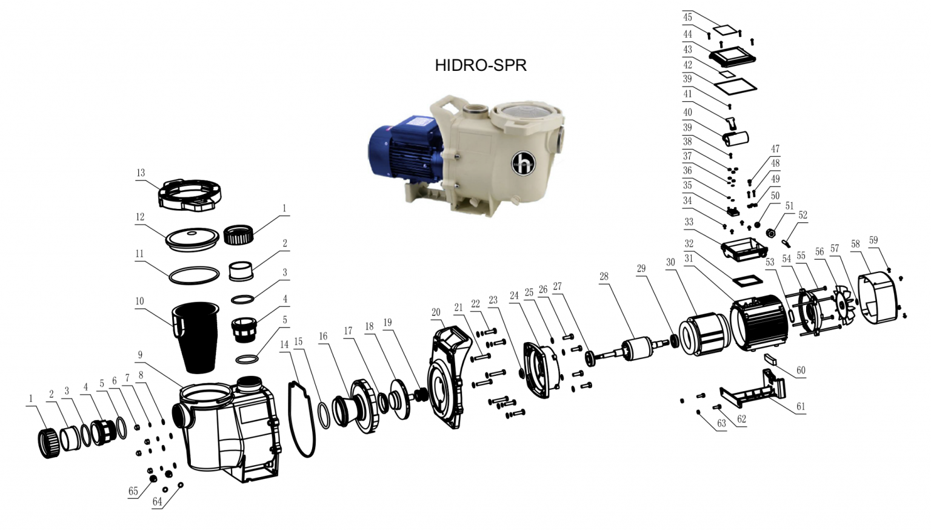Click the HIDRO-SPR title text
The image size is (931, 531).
pos(480,65)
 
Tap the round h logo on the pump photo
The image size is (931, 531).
pos(523,162)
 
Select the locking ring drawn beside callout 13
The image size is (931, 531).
pos(189,194)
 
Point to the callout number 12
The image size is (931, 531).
pos(140,217)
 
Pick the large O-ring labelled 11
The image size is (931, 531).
pos(194,275)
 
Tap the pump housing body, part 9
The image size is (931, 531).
pos(230,430)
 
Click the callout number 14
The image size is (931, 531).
pos(284,345)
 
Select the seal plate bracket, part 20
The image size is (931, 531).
pos(449,375)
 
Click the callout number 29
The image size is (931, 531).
pos(641,268)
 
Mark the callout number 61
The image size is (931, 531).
pos(801,406)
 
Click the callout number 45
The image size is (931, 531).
pos(687,17)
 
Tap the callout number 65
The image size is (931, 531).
pos(133,491)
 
